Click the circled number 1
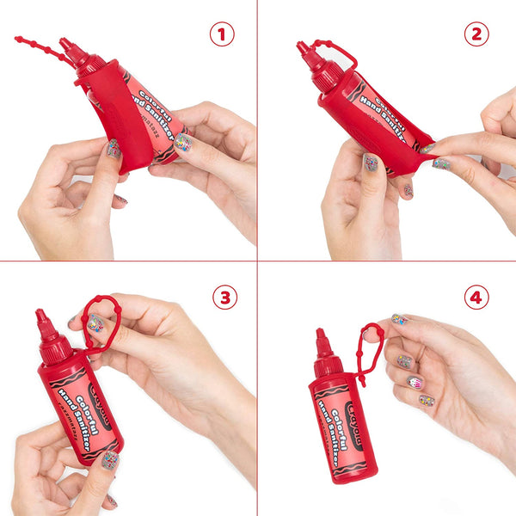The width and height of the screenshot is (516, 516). tap(223, 34)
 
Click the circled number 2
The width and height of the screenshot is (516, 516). tap(476, 34)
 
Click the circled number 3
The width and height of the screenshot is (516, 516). tap(224, 298)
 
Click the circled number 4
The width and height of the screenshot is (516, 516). tap(476, 298)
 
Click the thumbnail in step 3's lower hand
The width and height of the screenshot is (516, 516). tap(110, 460)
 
